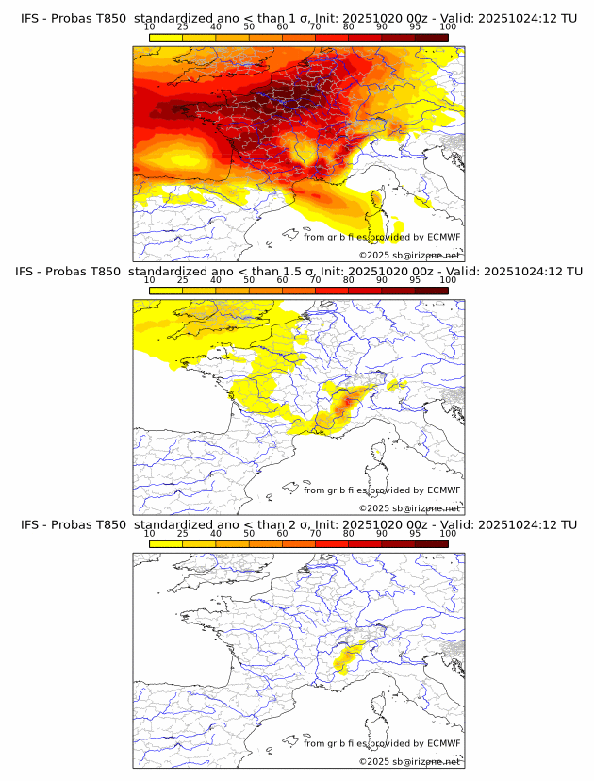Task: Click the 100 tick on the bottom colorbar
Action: point(448,533)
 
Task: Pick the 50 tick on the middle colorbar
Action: point(249,280)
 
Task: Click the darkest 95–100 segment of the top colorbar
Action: point(431,38)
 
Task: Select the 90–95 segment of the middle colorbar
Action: point(398,290)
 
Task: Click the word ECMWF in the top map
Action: point(443,237)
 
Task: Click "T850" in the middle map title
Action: point(109,272)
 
